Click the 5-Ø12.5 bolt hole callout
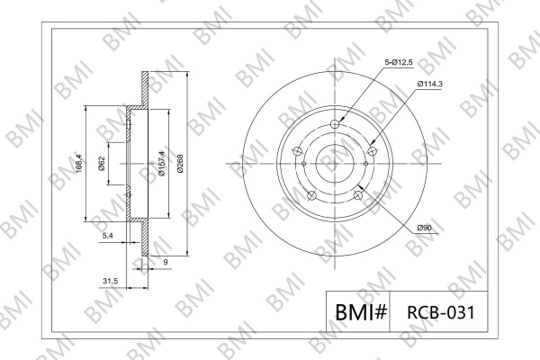click(x=399, y=62)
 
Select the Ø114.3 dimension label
click(x=430, y=84)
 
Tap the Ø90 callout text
click(x=424, y=228)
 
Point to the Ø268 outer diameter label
click(x=180, y=163)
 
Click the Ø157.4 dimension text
click(x=161, y=163)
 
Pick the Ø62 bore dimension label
click(x=101, y=163)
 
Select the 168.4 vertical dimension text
click(x=79, y=163)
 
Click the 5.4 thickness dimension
click(x=108, y=236)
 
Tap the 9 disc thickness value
click(x=166, y=262)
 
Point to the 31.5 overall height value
click(x=110, y=281)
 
